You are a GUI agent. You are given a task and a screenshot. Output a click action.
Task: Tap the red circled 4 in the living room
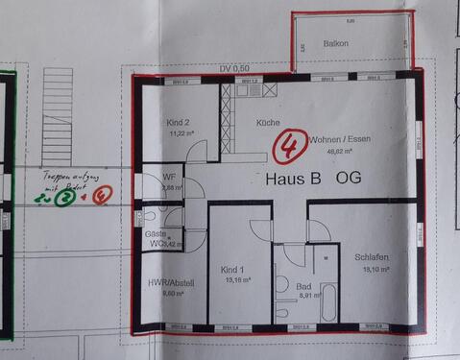point(286,147)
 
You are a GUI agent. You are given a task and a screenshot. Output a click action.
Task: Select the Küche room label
point(268,124)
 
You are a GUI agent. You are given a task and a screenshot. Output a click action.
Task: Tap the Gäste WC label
point(155,239)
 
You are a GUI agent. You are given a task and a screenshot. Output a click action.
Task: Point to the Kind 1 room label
point(232,270)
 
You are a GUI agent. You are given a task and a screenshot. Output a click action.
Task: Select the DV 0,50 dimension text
point(234,68)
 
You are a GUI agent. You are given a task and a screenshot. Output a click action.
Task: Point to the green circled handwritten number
point(64,199)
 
